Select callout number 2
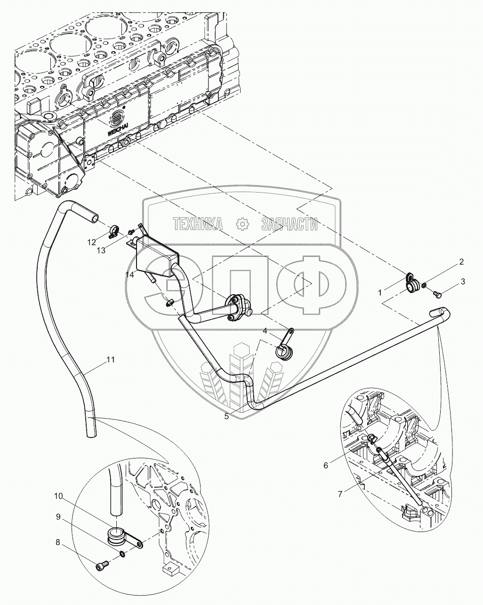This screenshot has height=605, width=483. [x=462, y=262]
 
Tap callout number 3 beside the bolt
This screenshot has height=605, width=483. [x=463, y=282]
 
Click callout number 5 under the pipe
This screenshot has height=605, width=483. [x=226, y=416]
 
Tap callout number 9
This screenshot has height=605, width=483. [x=58, y=516]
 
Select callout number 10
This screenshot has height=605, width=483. [x=58, y=496]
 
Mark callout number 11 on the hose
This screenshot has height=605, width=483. [x=110, y=360]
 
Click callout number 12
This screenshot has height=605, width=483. [x=91, y=242]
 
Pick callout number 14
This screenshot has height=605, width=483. [x=130, y=275]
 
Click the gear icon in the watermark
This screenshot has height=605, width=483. [x=242, y=225]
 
